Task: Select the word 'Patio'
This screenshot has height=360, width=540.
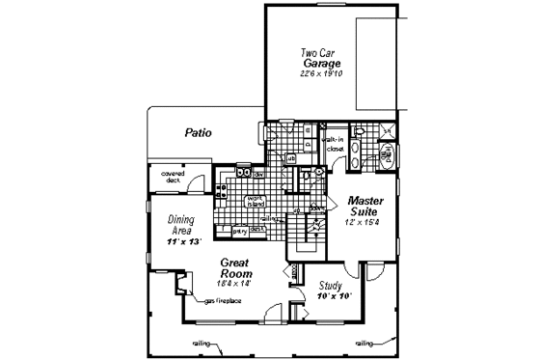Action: click(199, 133)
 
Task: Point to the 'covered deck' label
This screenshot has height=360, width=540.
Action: click(160, 176)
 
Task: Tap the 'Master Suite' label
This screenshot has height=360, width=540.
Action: click(366, 207)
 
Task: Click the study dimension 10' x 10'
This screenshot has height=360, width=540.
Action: click(333, 296)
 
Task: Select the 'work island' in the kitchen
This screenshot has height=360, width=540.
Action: click(255, 202)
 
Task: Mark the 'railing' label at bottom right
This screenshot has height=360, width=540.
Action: click(364, 343)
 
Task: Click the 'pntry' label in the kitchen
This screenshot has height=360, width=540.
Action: click(238, 230)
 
